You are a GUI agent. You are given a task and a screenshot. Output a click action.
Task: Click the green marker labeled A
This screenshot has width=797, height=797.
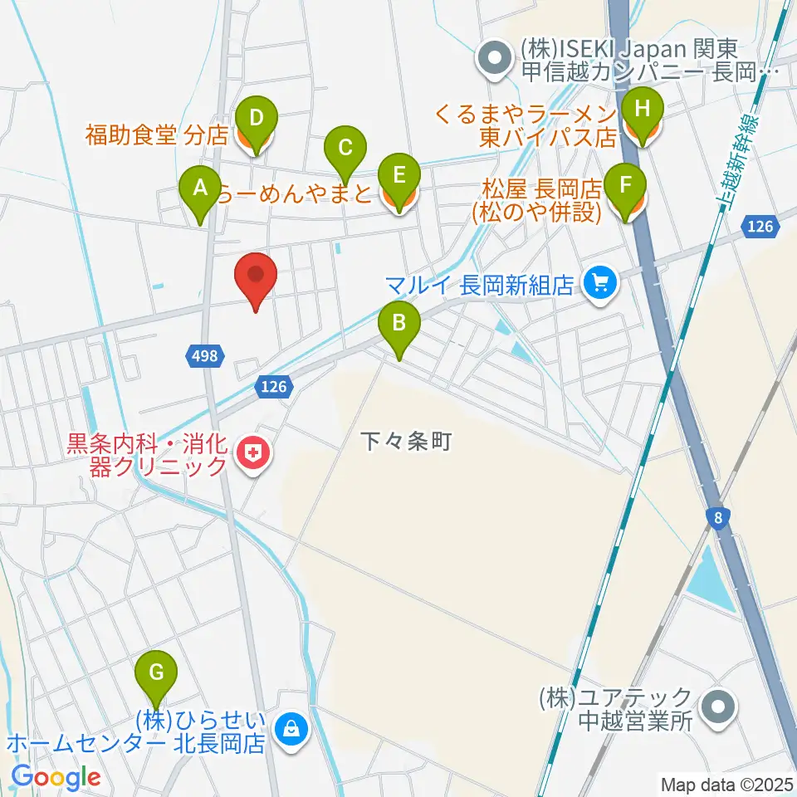pyautogui.click(x=199, y=188)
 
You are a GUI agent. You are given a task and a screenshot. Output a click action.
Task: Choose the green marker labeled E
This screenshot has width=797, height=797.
pyautogui.click(x=398, y=177)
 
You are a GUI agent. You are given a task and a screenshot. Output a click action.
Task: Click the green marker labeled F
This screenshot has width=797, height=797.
pyautogui.click(x=627, y=185)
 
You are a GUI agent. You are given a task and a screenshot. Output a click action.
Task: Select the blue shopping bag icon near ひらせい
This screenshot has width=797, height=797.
pyautogui.click(x=291, y=730)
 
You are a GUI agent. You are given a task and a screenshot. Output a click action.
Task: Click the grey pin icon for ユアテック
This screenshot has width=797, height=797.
pyautogui.click(x=715, y=708)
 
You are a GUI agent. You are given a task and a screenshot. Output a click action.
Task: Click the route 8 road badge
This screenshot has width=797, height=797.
pyautogui.click(x=716, y=517)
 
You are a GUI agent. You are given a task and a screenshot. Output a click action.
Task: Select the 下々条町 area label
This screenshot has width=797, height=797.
pyautogui.click(x=406, y=441)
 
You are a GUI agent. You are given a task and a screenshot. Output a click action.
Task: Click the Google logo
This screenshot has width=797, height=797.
pyautogui.click(x=56, y=777)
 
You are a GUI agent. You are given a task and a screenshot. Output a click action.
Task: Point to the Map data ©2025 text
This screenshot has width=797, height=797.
pyautogui.click(x=726, y=784)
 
